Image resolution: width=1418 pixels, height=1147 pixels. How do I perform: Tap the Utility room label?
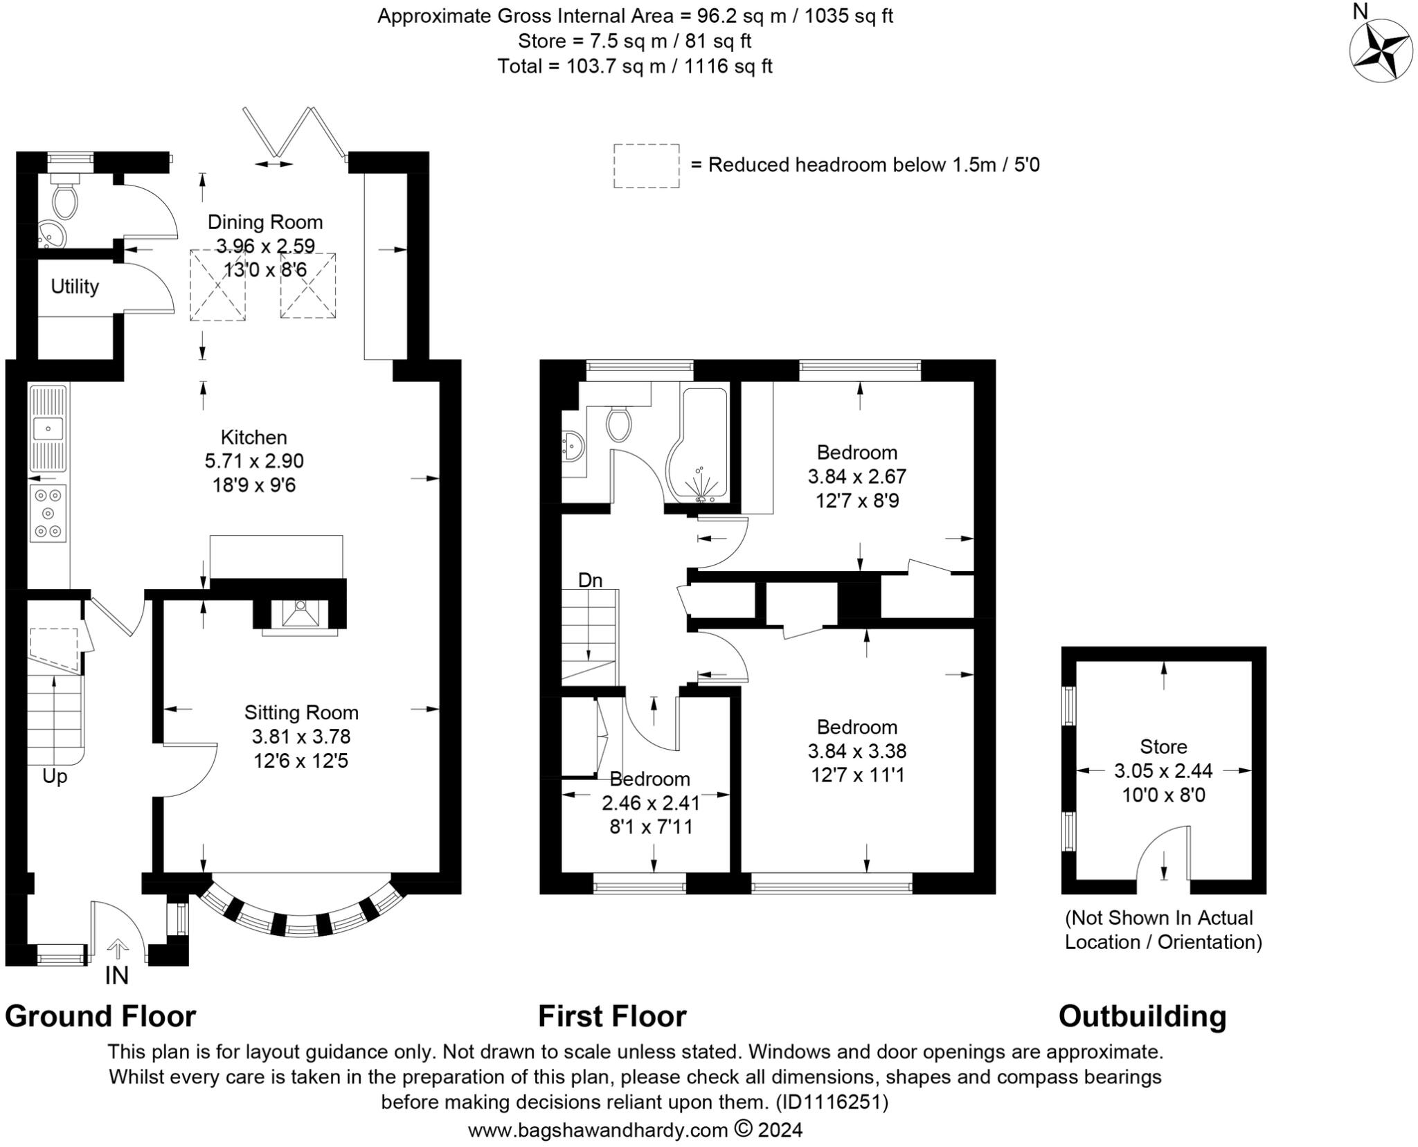(x=75, y=287)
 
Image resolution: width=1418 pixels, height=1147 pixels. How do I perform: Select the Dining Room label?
(x=265, y=222)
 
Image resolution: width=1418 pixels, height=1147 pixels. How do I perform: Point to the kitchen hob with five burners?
(x=48, y=513)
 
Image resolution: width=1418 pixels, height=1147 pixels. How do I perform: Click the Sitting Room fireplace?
(x=300, y=613)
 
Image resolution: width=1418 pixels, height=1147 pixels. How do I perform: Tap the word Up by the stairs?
(x=55, y=777)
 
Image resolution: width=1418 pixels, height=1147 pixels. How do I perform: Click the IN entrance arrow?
(x=118, y=948)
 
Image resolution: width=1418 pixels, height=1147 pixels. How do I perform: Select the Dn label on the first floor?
(x=590, y=580)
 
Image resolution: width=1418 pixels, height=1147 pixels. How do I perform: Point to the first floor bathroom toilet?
(x=618, y=423)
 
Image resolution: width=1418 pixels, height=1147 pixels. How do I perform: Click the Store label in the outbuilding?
(x=1163, y=747)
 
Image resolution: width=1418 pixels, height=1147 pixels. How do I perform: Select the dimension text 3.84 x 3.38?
(x=856, y=751)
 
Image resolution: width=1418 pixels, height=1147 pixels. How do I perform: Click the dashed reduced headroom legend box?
(x=646, y=165)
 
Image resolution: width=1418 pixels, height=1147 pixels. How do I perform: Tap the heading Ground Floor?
(x=100, y=1017)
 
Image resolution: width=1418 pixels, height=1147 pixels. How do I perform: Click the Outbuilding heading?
(x=1142, y=1017)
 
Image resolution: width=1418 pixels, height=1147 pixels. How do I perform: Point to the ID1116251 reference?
(x=831, y=1102)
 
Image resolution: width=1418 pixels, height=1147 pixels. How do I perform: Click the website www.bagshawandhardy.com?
(x=598, y=1130)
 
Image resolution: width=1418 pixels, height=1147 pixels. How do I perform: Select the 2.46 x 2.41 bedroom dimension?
(x=650, y=803)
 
